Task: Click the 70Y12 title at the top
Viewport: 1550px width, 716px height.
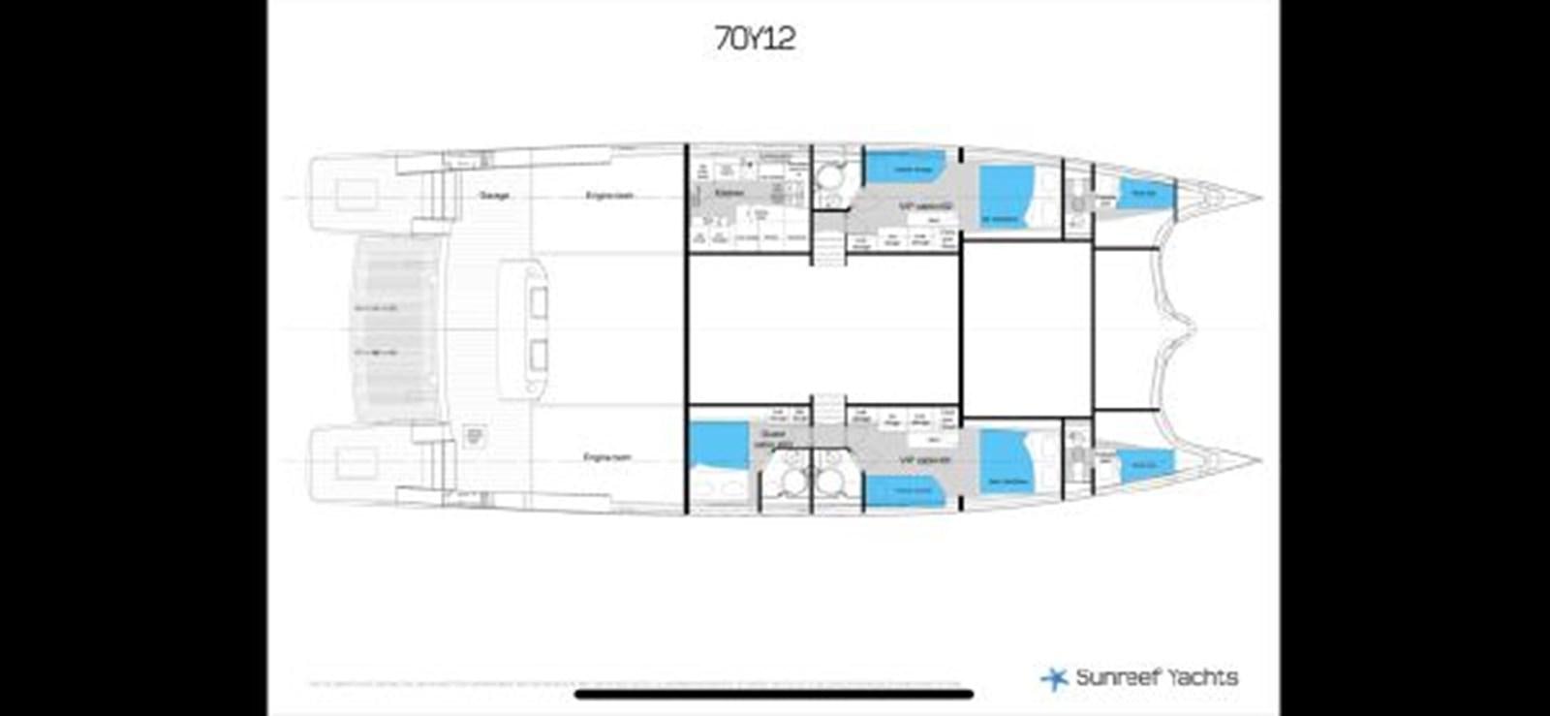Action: (755, 39)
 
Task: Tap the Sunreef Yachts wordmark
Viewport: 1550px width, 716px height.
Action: (1156, 677)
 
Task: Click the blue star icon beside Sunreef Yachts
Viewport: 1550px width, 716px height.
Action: (1053, 678)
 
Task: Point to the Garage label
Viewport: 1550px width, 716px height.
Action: (494, 196)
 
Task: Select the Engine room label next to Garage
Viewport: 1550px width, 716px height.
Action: (608, 196)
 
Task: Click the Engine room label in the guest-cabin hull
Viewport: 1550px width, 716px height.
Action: (607, 456)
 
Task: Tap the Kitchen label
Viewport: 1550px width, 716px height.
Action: (729, 194)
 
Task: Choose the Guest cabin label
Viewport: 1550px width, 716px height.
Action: (773, 439)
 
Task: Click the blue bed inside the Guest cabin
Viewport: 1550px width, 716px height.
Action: (718, 445)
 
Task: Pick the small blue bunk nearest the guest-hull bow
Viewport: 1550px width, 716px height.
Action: (1145, 465)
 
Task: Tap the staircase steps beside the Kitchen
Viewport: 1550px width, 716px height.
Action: (826, 251)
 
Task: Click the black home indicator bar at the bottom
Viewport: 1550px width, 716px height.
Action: (774, 694)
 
